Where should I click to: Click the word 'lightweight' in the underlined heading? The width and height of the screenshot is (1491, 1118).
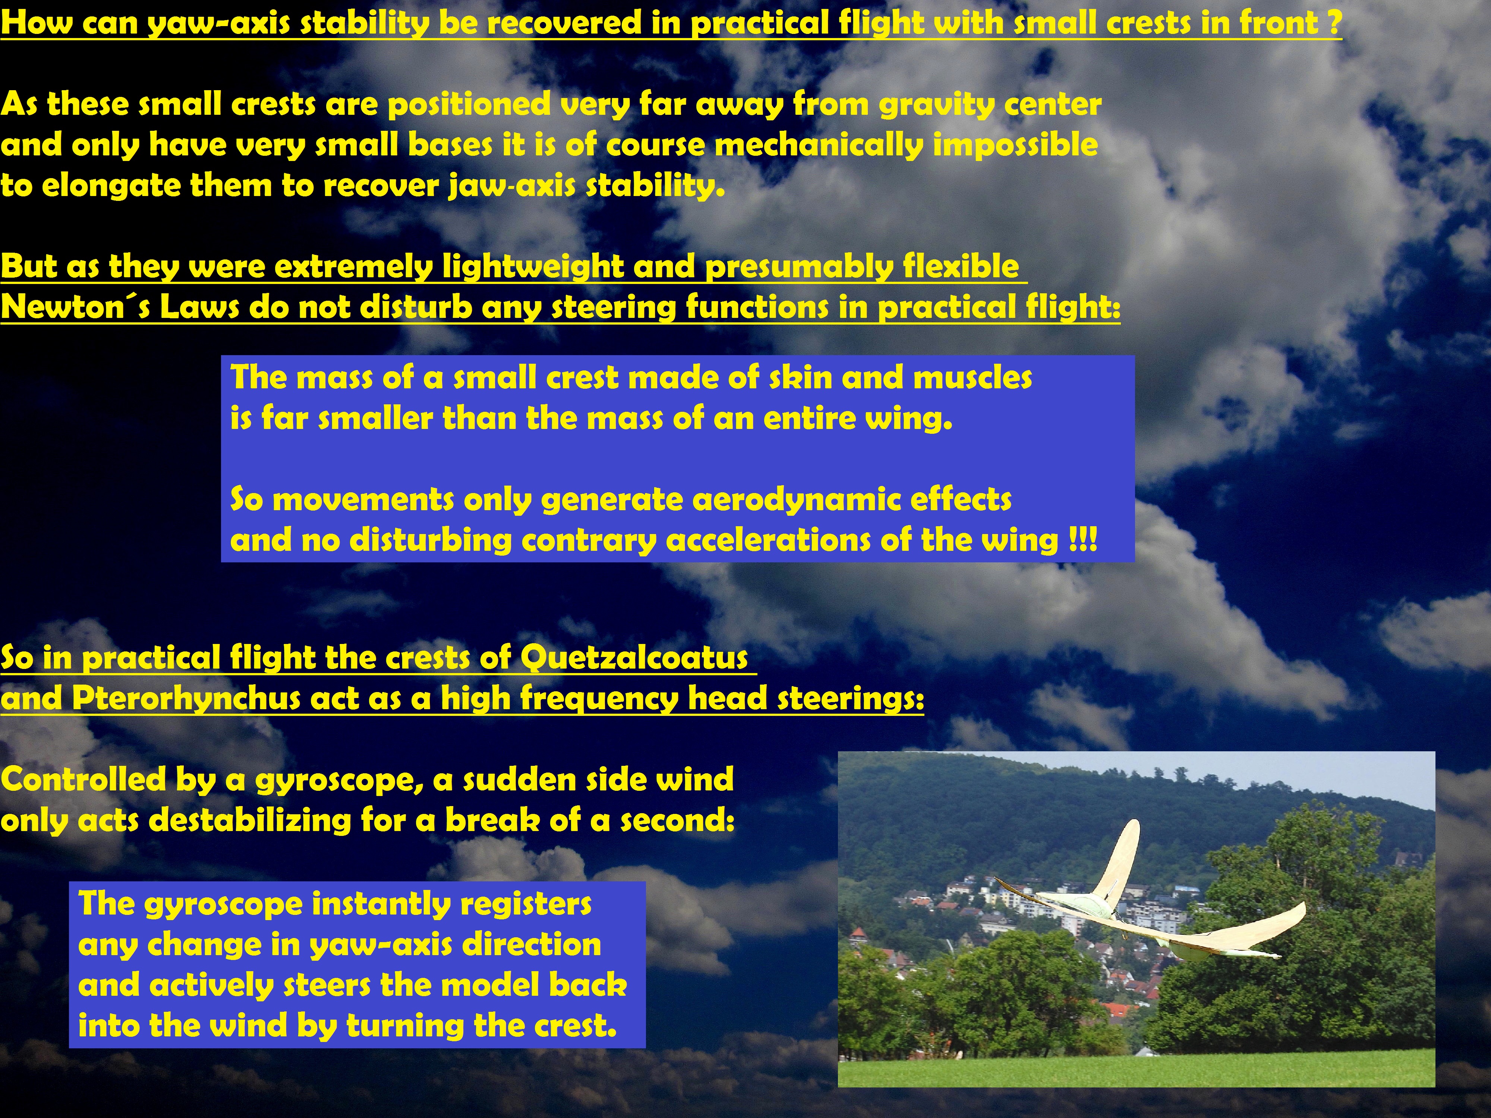533,267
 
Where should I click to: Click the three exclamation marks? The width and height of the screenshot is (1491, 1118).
1082,540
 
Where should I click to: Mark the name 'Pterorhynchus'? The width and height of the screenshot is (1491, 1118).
186,698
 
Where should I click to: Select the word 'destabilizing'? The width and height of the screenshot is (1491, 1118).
249,820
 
